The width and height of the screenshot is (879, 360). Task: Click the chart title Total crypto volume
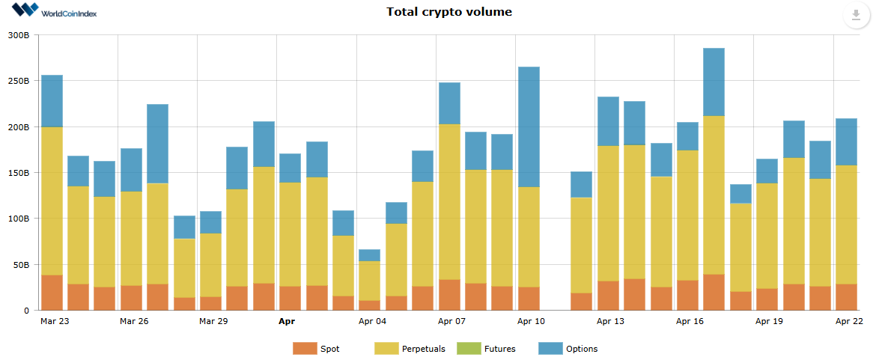click(x=448, y=12)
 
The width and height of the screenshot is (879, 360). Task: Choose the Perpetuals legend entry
click(x=410, y=349)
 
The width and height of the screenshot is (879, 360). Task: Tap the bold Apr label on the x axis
click(x=286, y=322)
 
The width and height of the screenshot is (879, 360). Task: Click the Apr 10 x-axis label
click(x=530, y=322)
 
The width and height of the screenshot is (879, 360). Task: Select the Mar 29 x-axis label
click(x=213, y=322)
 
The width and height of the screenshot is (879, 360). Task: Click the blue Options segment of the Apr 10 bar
click(x=529, y=127)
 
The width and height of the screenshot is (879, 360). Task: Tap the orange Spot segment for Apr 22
click(x=846, y=297)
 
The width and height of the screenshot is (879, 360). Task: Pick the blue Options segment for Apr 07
click(x=449, y=103)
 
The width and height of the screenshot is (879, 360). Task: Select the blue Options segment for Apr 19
click(x=767, y=171)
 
